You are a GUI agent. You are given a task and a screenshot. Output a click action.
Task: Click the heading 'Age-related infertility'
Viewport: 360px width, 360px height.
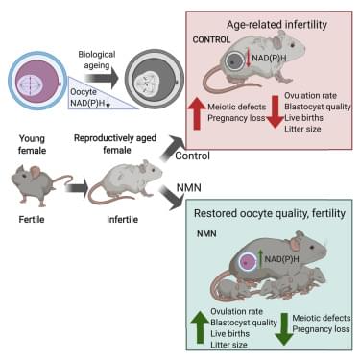click(x=276, y=25)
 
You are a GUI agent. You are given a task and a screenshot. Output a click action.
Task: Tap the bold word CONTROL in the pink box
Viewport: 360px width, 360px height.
click(x=211, y=39)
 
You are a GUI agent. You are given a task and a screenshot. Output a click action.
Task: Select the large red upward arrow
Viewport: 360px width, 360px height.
click(x=197, y=113)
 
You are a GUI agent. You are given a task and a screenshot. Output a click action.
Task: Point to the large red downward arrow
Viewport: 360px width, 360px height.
click(x=276, y=112)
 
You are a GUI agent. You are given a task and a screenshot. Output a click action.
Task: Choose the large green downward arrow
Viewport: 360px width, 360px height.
click(x=284, y=329)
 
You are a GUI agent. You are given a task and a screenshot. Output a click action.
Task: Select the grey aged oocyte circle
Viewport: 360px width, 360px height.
click(x=155, y=80)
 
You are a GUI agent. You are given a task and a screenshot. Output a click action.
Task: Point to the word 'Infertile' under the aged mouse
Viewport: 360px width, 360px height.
click(x=123, y=219)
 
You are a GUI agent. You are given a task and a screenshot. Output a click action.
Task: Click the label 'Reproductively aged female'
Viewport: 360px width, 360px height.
click(x=115, y=144)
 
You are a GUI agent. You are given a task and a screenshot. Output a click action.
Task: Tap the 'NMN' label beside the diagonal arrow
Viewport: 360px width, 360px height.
click(x=189, y=187)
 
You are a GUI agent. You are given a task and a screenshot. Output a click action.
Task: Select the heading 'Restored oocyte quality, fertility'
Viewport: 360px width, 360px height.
click(x=270, y=213)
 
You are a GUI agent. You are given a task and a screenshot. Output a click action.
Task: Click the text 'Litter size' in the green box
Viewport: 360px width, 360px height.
click(x=228, y=345)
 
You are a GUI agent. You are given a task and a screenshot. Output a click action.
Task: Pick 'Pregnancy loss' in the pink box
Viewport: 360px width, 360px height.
click(x=236, y=118)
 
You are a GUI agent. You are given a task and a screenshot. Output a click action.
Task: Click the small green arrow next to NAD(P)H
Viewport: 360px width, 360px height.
click(x=261, y=258)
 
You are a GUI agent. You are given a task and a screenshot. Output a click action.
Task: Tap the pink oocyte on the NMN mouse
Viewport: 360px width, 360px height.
click(x=248, y=262)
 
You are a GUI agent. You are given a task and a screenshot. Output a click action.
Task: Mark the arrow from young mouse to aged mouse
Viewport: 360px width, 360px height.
click(x=77, y=188)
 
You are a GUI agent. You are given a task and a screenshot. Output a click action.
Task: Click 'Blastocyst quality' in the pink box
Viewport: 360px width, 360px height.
click(x=318, y=107)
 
